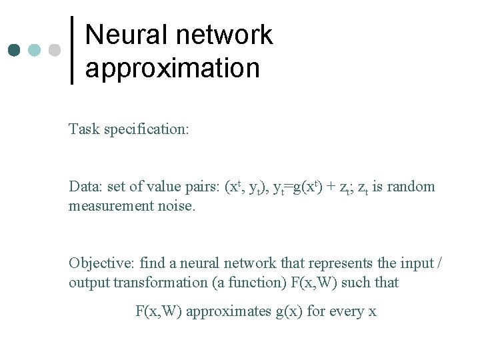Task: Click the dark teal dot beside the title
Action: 15,50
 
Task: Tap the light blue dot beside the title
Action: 35,50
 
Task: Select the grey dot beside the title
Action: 55,50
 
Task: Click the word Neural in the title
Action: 121,35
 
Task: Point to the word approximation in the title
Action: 172,68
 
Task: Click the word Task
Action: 83,129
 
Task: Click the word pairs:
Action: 202,187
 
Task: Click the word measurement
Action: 110,206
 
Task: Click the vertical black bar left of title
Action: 72,50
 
